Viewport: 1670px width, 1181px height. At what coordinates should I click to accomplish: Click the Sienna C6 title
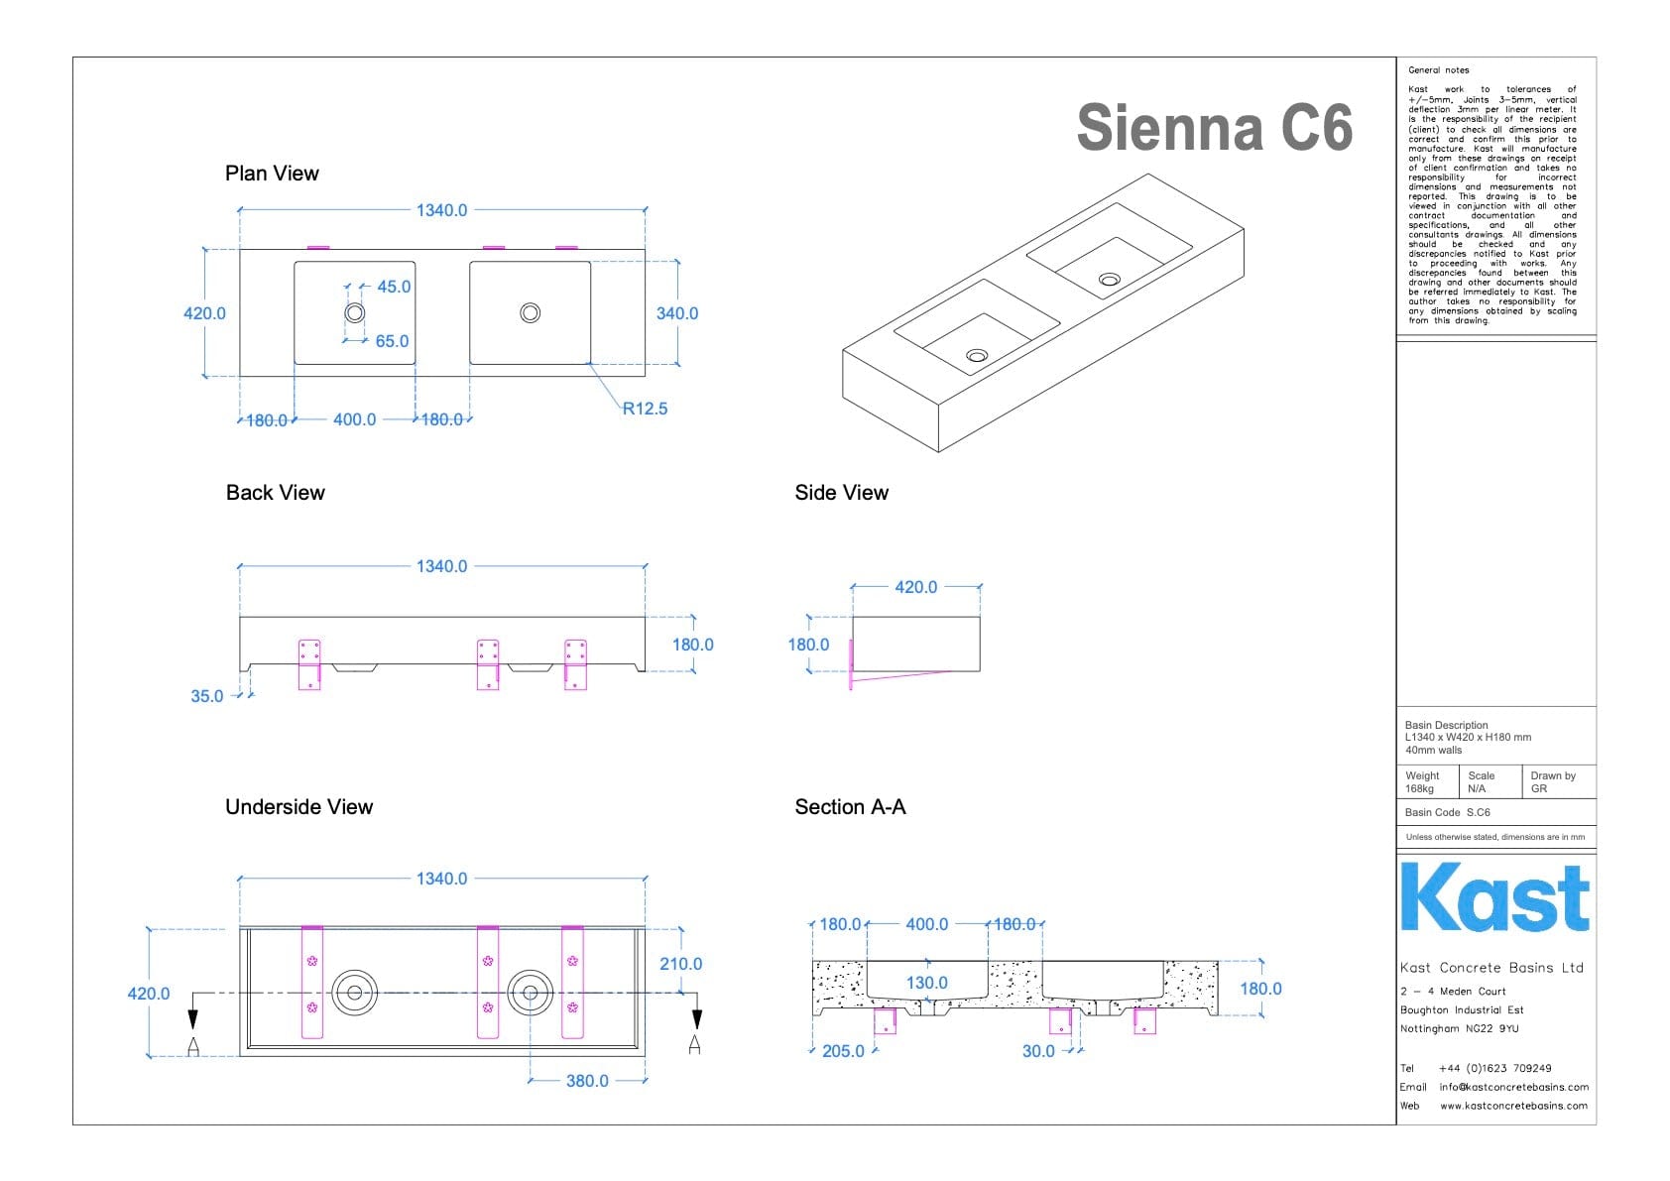[x=1214, y=128]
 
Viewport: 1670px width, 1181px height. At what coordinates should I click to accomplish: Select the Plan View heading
[x=272, y=174]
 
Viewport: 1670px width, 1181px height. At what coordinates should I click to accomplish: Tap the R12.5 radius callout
[x=645, y=409]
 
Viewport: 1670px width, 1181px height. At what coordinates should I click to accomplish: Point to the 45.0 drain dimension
[x=393, y=287]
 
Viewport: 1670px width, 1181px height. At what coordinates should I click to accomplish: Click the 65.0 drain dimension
[x=392, y=341]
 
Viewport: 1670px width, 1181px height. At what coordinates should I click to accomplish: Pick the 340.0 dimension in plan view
[x=677, y=313]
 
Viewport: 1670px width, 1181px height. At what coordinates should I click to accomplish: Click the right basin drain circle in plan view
[x=531, y=313]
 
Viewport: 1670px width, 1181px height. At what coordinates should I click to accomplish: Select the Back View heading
[x=275, y=493]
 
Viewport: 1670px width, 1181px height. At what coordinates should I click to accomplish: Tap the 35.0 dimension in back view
[x=207, y=696]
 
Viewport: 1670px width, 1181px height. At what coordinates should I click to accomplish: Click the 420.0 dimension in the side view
[x=915, y=587]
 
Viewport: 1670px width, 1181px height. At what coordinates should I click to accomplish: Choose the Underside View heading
[x=298, y=807]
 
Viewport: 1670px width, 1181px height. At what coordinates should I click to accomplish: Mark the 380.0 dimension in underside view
[x=587, y=1081]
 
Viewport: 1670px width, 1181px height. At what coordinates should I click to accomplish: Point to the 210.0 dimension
[x=680, y=964]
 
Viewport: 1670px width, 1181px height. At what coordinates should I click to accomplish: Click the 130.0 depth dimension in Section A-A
[x=927, y=983]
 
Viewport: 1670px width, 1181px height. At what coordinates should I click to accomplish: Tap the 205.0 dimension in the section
[x=843, y=1051]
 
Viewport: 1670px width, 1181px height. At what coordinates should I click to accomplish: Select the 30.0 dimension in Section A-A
[x=1038, y=1051]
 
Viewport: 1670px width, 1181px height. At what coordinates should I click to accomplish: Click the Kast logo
[x=1494, y=897]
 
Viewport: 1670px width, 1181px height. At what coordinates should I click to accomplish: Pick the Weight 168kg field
[x=1421, y=782]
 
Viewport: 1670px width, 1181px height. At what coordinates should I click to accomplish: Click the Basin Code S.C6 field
[x=1447, y=812]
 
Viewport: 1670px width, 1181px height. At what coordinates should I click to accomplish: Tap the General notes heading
[x=1438, y=70]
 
